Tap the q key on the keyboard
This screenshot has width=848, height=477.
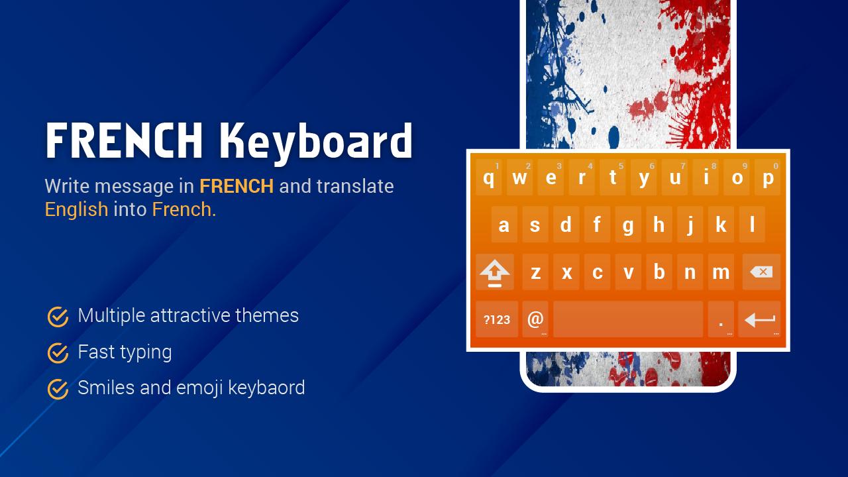coord(489,177)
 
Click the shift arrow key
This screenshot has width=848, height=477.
coord(495,272)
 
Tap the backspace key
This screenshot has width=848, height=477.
coord(761,272)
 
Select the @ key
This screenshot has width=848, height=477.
coord(535,319)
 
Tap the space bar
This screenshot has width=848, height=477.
coord(628,319)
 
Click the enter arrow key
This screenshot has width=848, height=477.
coord(759,319)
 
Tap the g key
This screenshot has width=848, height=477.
coord(628,225)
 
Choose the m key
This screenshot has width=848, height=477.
coord(721,272)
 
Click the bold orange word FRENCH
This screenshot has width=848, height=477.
coord(237,186)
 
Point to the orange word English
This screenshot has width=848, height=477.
coord(76,210)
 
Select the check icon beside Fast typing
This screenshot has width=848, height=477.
coord(58,353)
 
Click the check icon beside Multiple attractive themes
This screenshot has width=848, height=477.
coord(58,317)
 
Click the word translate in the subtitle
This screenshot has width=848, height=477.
coord(355,186)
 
